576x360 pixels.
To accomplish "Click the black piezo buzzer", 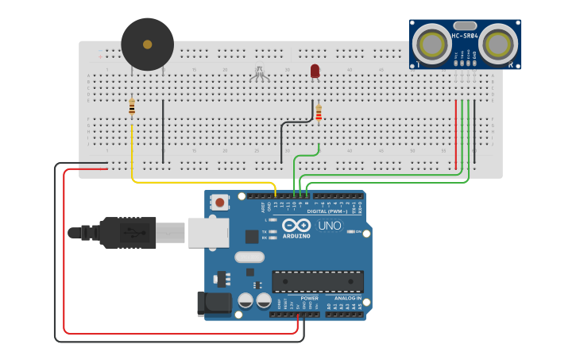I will [x=147, y=45].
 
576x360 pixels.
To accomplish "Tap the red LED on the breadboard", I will [x=315, y=72].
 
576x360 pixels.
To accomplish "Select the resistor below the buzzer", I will [x=132, y=106].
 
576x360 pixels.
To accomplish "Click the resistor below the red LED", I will [x=319, y=114].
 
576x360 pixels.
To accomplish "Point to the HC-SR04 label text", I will [x=465, y=35].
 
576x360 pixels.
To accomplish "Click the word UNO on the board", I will [x=329, y=226].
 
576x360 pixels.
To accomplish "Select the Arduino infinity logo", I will [x=296, y=226].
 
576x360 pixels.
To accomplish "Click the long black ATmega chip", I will [x=318, y=281].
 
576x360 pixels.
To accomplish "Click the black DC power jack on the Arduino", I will [x=213, y=303].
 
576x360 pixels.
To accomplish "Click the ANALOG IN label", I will [x=346, y=299].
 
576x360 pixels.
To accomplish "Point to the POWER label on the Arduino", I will [x=309, y=299].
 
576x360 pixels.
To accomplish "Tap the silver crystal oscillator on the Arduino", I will [x=249, y=257].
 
